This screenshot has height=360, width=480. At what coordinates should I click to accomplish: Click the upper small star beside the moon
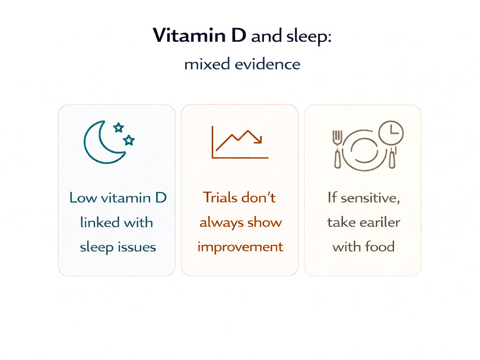118,127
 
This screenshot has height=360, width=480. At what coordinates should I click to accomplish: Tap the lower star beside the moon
129,140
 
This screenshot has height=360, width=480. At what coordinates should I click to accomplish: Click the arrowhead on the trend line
259,140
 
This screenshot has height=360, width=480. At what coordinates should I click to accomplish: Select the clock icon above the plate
391,132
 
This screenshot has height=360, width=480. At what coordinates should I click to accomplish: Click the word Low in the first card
81,198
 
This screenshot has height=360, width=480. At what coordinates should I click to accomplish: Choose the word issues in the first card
138,247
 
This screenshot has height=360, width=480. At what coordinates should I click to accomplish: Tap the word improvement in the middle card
240,247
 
